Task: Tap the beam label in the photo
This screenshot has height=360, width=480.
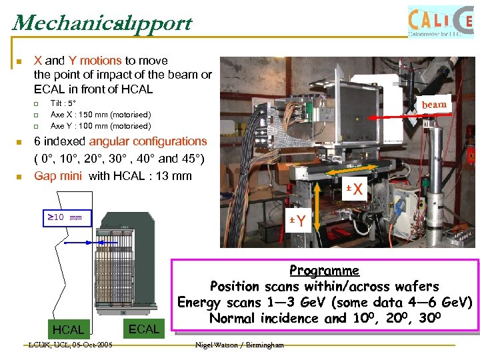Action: click(x=434, y=105)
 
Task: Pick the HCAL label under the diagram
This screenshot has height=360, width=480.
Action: click(x=68, y=330)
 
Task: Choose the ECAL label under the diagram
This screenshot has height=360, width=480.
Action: click(x=144, y=329)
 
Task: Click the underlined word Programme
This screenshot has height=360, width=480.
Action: click(x=324, y=271)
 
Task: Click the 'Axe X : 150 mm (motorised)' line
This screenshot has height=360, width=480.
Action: click(x=101, y=115)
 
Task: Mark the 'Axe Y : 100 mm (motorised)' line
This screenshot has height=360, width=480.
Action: click(x=101, y=125)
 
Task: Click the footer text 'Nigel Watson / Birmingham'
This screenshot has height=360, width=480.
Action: click(x=240, y=345)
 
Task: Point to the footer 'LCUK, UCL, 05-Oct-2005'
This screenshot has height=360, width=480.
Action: click(x=70, y=345)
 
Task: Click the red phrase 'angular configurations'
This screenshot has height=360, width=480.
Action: click(x=148, y=141)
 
